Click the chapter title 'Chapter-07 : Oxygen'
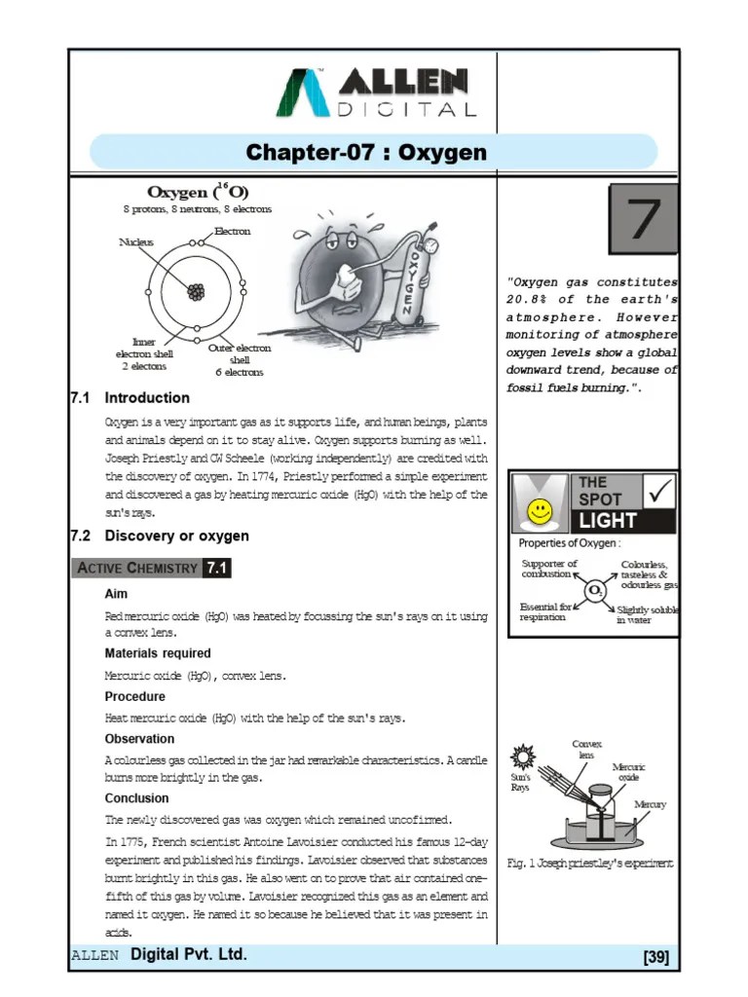(x=366, y=153)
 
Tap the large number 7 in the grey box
(x=643, y=219)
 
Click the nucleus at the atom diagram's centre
(x=197, y=290)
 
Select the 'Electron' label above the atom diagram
(x=232, y=232)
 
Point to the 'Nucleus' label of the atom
(x=136, y=241)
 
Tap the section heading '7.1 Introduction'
(x=131, y=397)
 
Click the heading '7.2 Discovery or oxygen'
(x=160, y=535)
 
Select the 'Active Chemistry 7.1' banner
(x=151, y=568)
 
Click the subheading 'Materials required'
(x=157, y=652)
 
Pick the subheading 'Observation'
(x=139, y=738)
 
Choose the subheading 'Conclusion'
(x=136, y=798)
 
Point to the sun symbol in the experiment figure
(x=524, y=757)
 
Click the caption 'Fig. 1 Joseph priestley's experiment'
(x=590, y=863)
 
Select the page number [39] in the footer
(x=655, y=957)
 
